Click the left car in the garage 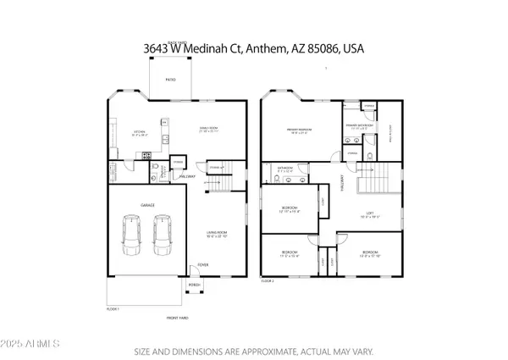[131, 235]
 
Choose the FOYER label [203, 265]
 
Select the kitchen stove [146, 156]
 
